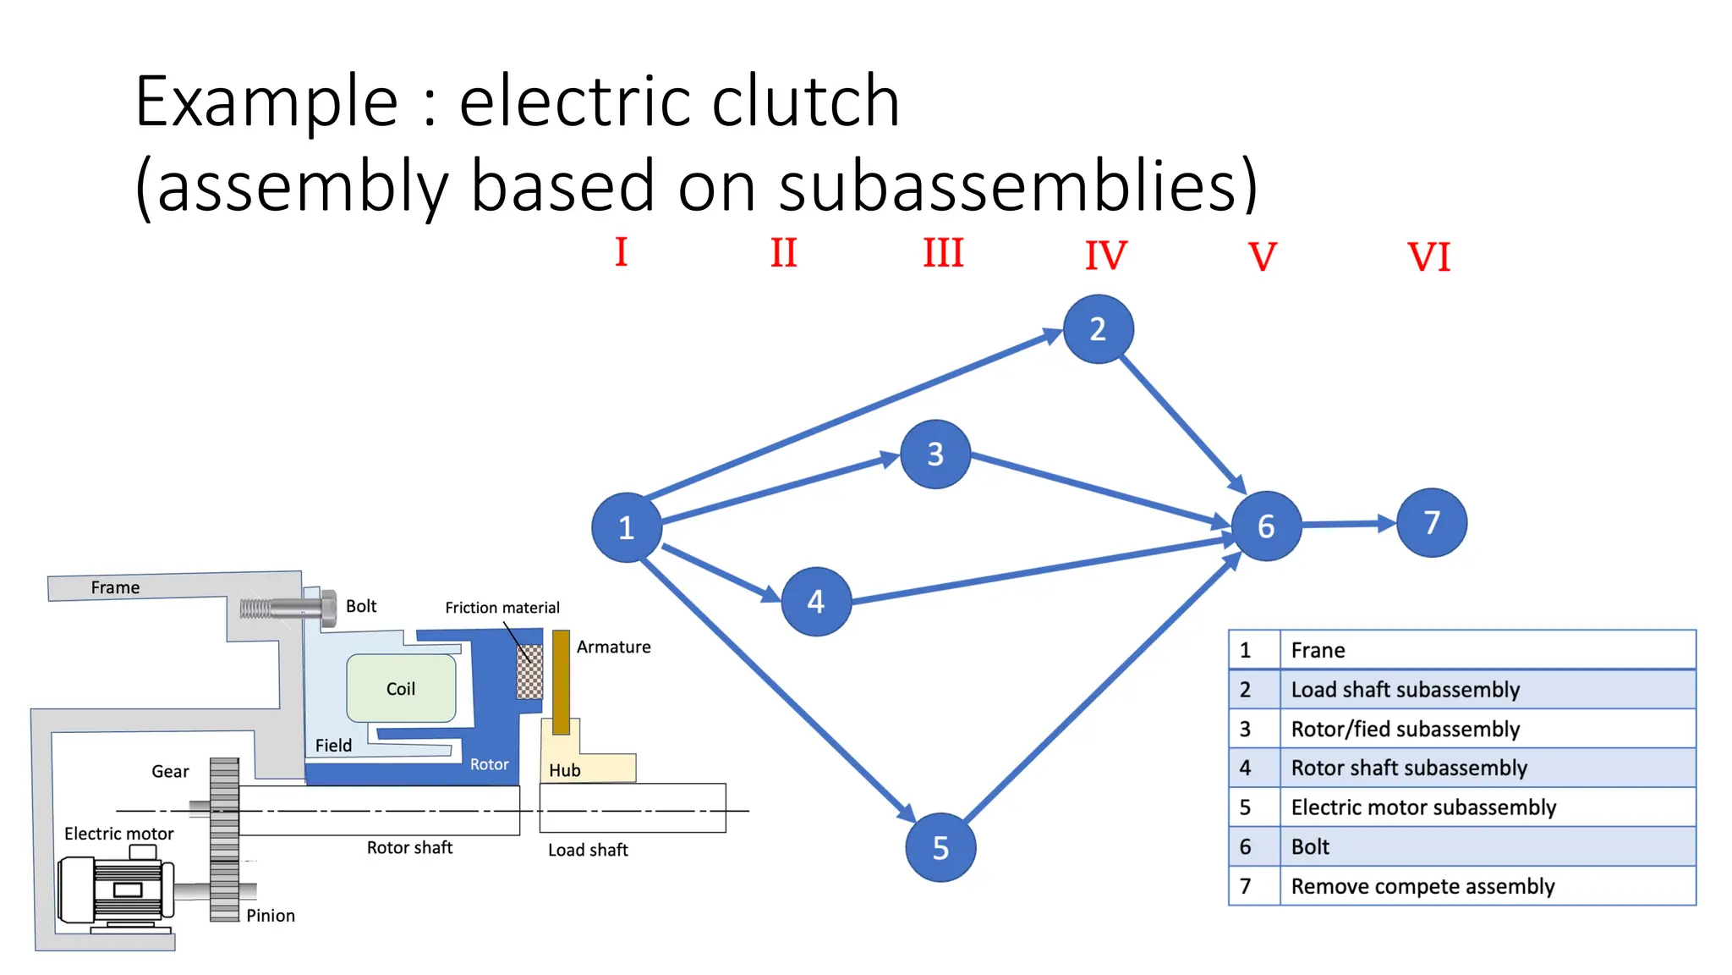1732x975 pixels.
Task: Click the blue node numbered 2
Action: [1098, 329]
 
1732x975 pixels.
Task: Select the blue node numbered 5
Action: [940, 847]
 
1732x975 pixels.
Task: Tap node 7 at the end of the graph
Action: [1431, 522]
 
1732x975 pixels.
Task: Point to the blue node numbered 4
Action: [815, 601]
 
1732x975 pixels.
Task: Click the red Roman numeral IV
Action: [1105, 256]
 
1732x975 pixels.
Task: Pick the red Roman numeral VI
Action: [1428, 257]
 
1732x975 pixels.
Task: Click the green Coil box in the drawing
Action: [401, 688]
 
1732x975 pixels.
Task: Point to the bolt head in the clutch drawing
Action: [328, 608]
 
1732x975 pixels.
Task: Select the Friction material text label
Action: [502, 608]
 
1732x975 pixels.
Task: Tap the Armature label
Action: [613, 647]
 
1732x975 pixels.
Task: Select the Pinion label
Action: [271, 915]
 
